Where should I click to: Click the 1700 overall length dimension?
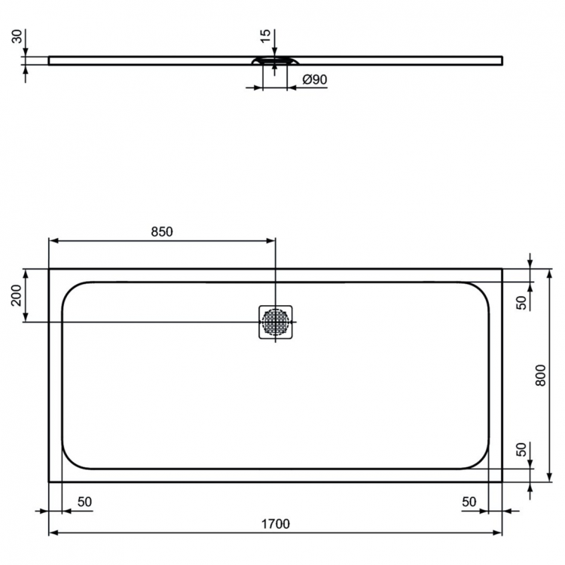[x=276, y=524]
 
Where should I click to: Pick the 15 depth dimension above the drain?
[x=263, y=37]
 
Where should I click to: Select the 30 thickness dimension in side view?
[x=15, y=37]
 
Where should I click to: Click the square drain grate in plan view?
[x=276, y=322]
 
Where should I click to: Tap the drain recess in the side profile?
[x=276, y=61]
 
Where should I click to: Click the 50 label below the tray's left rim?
[x=84, y=502]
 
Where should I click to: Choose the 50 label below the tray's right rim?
[x=469, y=502]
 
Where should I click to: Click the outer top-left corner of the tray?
[x=49, y=269]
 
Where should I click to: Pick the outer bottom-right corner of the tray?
[x=502, y=482]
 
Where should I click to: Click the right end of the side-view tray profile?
[x=502, y=59]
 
